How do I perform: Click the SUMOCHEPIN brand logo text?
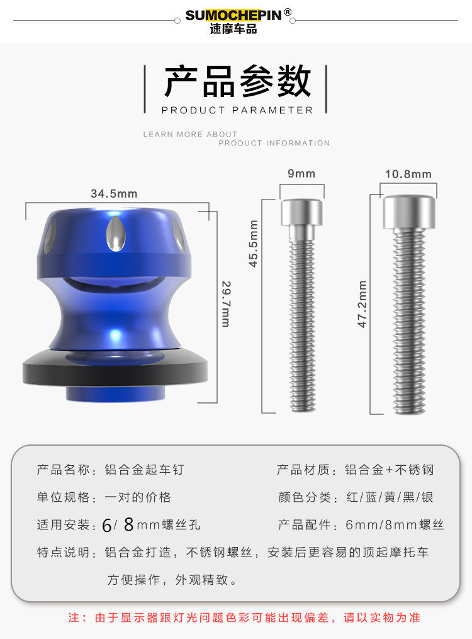[233, 16]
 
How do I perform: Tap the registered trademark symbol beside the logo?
[288, 12]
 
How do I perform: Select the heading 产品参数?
[238, 81]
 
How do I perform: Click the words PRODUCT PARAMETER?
[237, 110]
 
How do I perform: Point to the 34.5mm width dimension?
[114, 193]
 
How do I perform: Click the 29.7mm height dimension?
[226, 304]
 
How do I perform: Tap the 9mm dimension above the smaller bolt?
[301, 174]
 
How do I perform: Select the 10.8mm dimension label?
[408, 174]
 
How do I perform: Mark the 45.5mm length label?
[254, 244]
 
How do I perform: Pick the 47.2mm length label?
[362, 304]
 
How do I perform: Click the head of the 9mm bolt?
[302, 212]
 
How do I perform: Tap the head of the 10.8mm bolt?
[409, 212]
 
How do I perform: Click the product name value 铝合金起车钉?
[145, 470]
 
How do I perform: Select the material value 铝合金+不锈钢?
[389, 470]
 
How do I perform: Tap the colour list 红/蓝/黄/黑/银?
[390, 497]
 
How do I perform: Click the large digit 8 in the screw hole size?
[128, 524]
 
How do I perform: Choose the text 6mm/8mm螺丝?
[394, 524]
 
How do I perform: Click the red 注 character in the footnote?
[74, 618]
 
